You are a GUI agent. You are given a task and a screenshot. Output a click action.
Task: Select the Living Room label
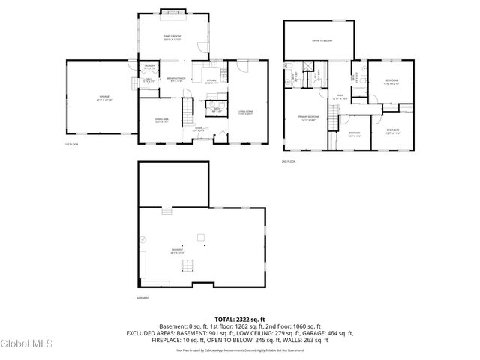tap(246, 112)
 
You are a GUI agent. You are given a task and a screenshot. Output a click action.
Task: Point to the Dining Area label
tap(161, 120)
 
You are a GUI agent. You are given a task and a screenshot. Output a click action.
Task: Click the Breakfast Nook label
tap(176, 80)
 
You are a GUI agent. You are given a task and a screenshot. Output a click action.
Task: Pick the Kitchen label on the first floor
tap(211, 80)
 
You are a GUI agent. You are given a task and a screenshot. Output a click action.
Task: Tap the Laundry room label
tap(150, 67)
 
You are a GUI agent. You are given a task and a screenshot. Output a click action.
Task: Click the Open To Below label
tap(322, 43)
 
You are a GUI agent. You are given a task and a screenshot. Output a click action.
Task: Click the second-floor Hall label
tap(340, 96)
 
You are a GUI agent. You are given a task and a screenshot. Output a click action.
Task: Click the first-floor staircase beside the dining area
tap(190, 110)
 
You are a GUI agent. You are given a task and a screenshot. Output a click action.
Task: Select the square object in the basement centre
tap(201, 238)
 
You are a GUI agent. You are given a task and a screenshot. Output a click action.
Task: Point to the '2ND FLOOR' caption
tap(289, 161)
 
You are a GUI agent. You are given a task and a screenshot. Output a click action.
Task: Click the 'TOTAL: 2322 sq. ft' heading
tap(240, 319)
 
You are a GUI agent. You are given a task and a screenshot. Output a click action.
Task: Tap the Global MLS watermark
tap(27, 344)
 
